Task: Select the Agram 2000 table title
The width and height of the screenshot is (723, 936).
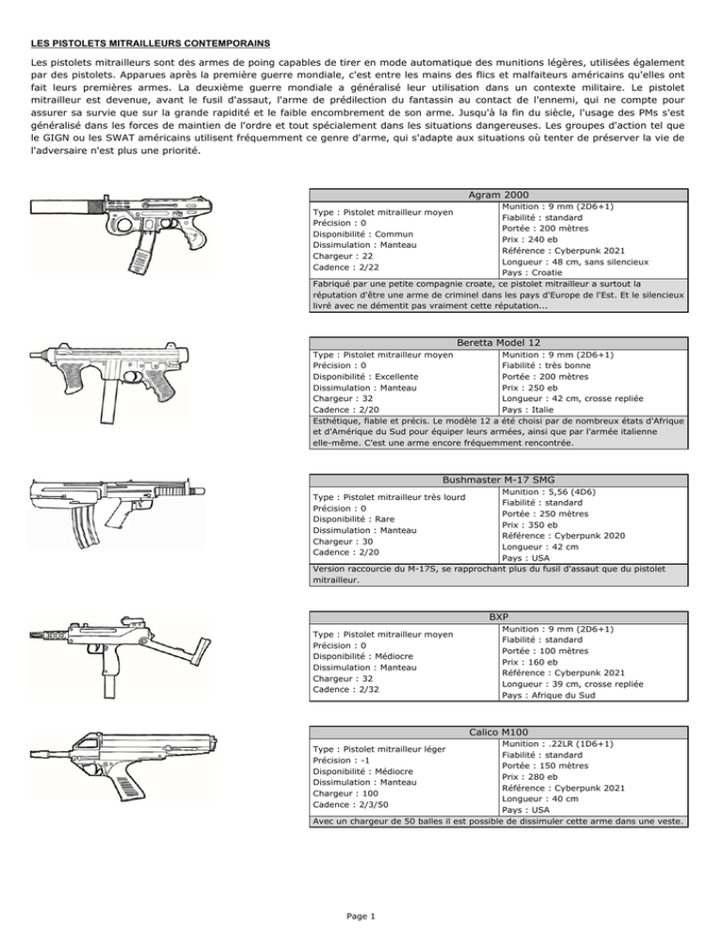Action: pyautogui.click(x=498, y=194)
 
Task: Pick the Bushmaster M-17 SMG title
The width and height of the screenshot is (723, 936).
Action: pyautogui.click(x=498, y=480)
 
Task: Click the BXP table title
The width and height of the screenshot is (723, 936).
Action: pyautogui.click(x=498, y=616)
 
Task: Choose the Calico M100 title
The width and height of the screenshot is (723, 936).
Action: pyautogui.click(x=498, y=732)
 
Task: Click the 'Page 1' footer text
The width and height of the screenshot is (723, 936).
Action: pyautogui.click(x=361, y=915)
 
